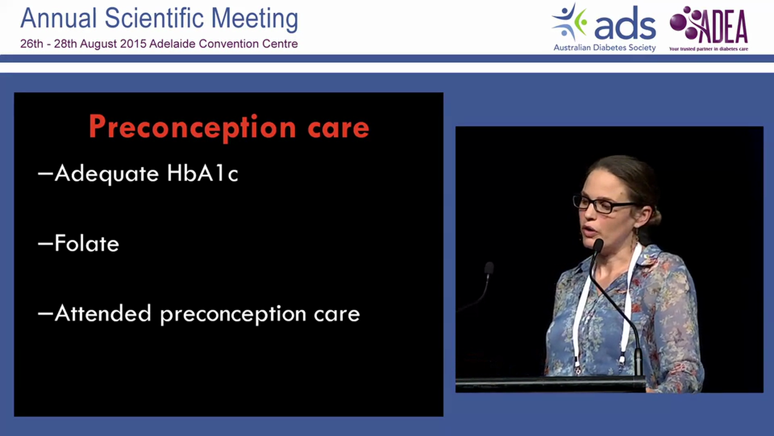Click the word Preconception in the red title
coord(192,128)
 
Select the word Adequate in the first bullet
coord(107,174)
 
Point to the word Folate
coord(86,243)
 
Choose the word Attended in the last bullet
coord(103,313)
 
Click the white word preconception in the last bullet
coord(233,315)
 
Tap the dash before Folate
coord(45,243)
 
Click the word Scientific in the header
coord(154,18)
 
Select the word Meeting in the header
coord(255,19)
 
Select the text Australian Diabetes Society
coord(605,47)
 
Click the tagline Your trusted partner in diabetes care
coord(709,49)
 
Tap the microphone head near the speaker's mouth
coord(598,245)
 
